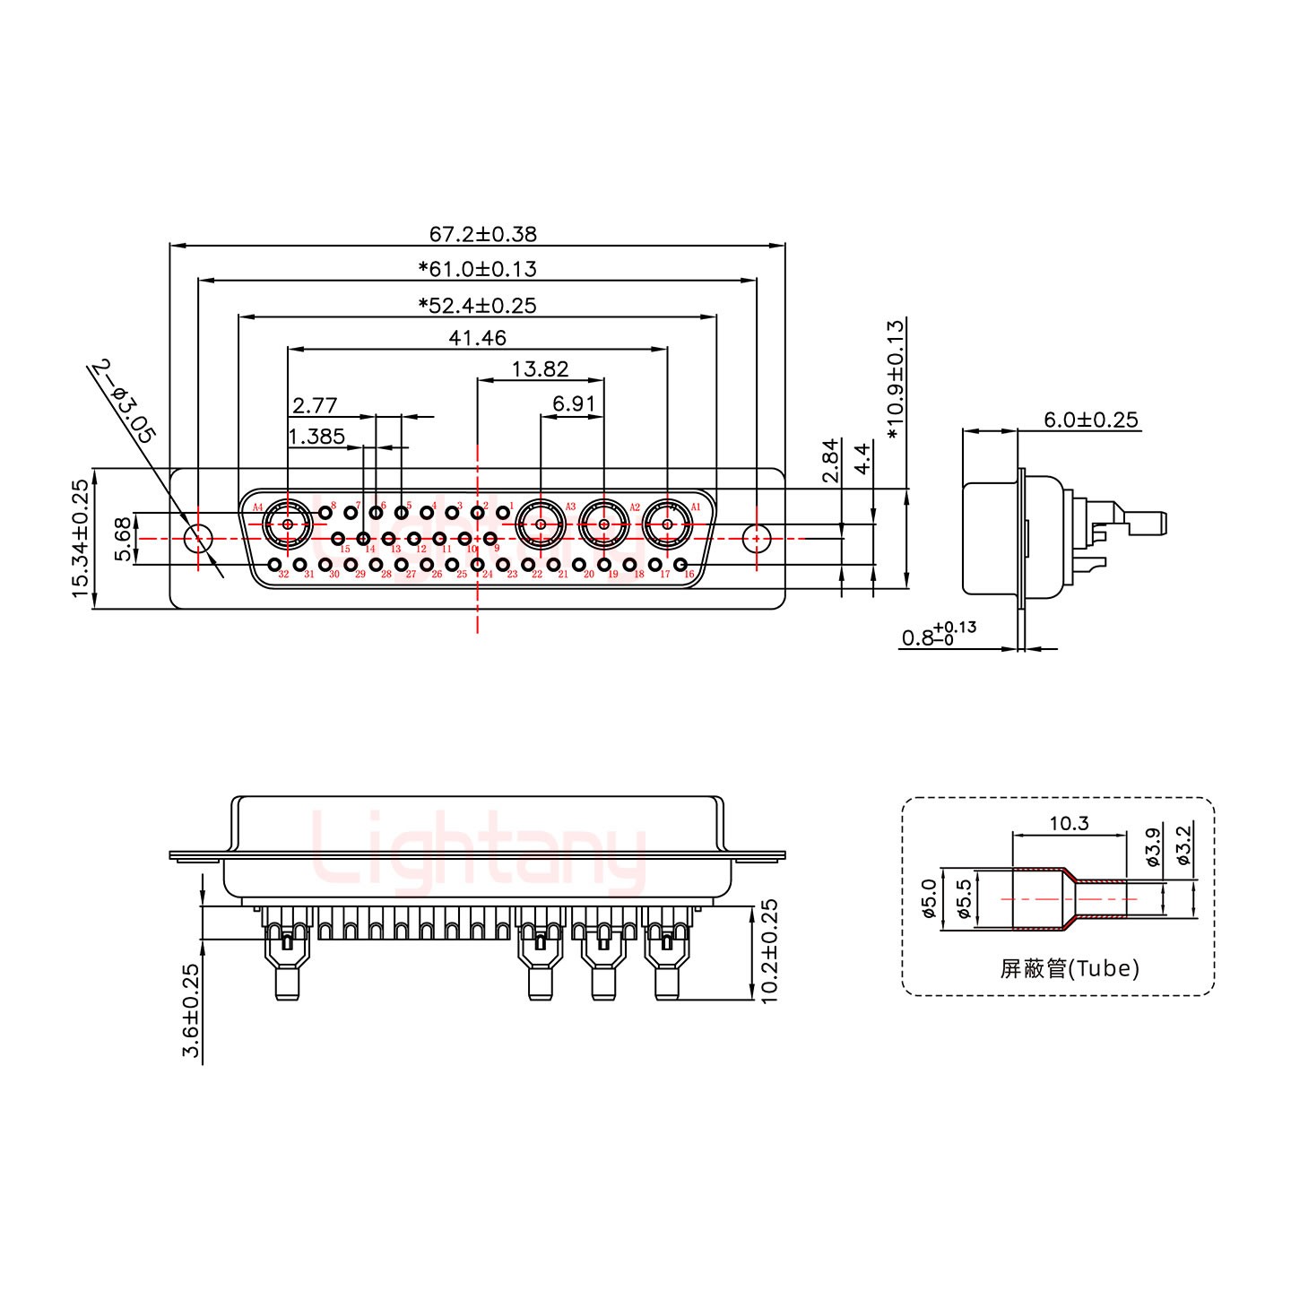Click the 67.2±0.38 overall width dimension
(x=482, y=234)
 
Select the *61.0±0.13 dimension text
(x=477, y=269)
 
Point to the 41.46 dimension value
(x=477, y=338)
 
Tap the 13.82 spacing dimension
(x=540, y=369)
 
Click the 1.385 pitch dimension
(x=316, y=437)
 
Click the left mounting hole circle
(x=197, y=539)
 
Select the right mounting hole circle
(x=757, y=539)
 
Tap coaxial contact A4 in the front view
(x=287, y=524)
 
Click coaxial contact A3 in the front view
(x=541, y=524)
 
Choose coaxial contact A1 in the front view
(x=667, y=524)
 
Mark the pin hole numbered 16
(x=680, y=565)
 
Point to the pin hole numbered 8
(x=325, y=512)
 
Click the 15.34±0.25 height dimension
(x=81, y=538)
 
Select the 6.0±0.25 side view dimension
(x=1090, y=419)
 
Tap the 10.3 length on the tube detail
(x=1069, y=822)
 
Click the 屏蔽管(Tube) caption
(x=1070, y=968)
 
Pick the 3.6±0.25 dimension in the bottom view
(x=191, y=1010)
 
